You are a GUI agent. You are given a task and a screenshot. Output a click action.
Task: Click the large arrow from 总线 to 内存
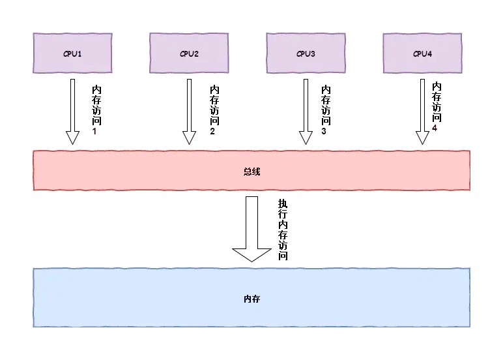(x=252, y=228)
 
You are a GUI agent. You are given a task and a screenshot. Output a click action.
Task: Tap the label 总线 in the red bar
(x=251, y=172)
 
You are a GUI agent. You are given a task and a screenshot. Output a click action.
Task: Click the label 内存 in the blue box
(x=251, y=298)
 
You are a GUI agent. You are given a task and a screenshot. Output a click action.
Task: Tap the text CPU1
(x=72, y=53)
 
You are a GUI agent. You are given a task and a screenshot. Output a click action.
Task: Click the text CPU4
(x=422, y=53)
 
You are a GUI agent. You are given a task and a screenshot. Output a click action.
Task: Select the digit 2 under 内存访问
(x=213, y=132)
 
